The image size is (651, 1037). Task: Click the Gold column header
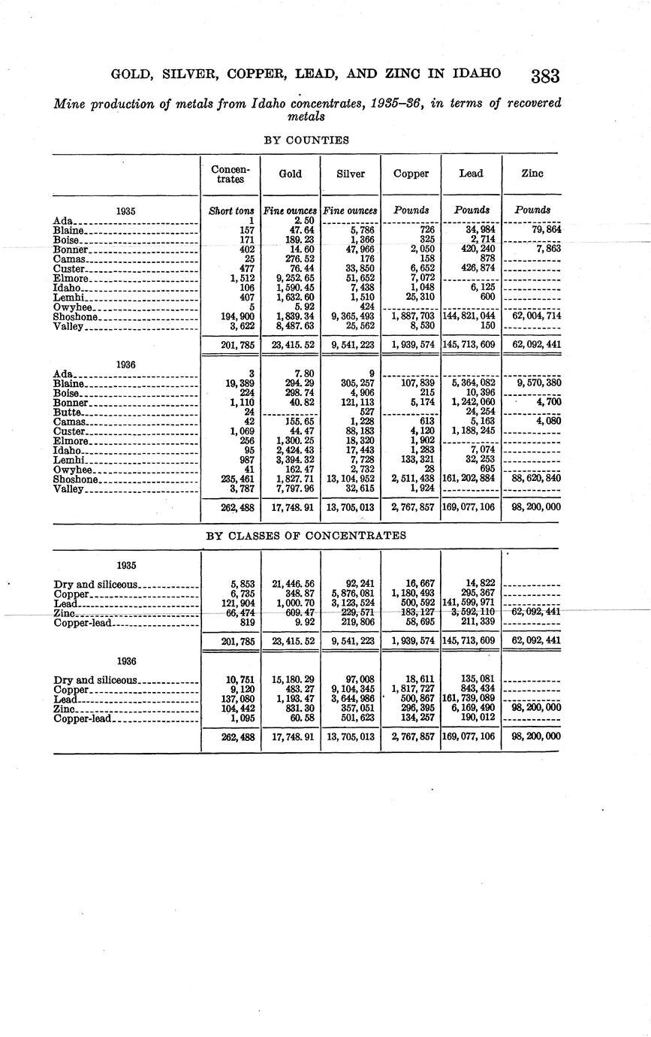(x=290, y=174)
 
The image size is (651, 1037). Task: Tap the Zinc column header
(x=532, y=174)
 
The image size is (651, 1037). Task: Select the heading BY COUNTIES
(x=306, y=140)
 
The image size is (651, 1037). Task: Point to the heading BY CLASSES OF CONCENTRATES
(x=306, y=536)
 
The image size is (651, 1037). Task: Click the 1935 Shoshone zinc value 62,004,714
(x=532, y=316)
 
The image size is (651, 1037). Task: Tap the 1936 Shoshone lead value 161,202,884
(x=471, y=478)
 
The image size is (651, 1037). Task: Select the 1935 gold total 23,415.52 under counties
(x=291, y=346)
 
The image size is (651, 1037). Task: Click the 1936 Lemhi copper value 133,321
(x=413, y=458)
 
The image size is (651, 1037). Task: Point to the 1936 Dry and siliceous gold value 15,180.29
(x=291, y=679)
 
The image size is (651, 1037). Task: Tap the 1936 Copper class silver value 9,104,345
(x=351, y=689)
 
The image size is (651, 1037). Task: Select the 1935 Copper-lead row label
(x=83, y=621)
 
